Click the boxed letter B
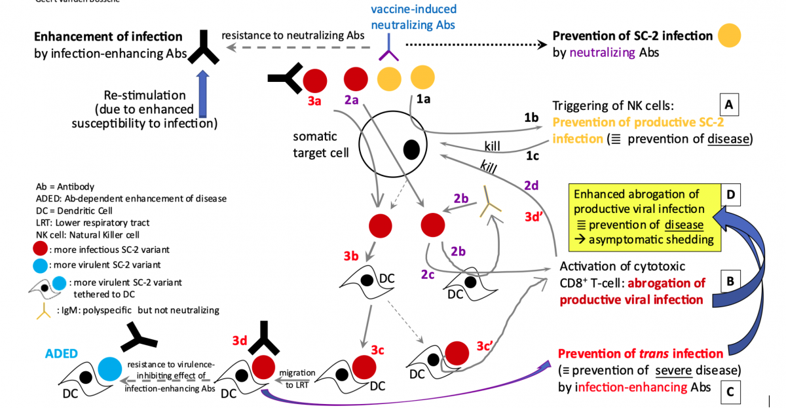[729, 281]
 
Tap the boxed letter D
[730, 195]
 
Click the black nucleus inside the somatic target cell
[411, 149]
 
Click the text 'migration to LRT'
[297, 378]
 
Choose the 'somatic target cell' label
[315, 143]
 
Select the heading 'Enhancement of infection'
[108, 36]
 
